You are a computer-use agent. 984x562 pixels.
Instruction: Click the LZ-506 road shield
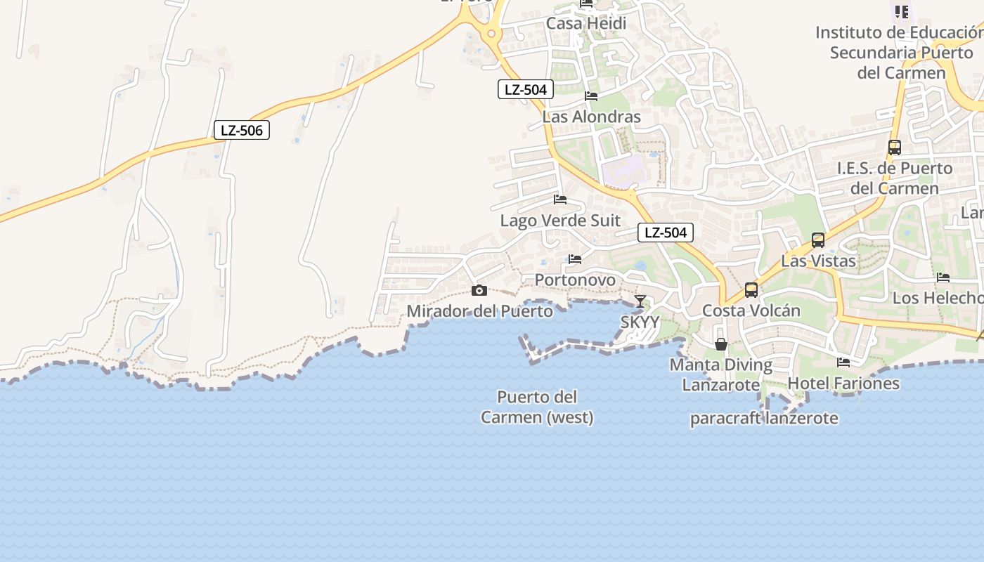click(x=242, y=130)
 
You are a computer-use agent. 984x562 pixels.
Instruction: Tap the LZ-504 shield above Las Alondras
click(x=526, y=89)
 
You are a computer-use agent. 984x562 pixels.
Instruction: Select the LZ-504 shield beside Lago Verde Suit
click(x=666, y=233)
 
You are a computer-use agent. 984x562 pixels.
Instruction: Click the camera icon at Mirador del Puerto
click(x=479, y=290)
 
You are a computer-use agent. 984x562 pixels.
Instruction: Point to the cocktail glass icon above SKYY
click(x=640, y=301)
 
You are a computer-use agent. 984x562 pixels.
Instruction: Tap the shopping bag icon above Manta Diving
click(x=721, y=344)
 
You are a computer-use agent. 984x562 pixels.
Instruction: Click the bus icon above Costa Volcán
click(x=751, y=289)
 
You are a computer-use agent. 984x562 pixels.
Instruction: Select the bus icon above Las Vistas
click(x=818, y=240)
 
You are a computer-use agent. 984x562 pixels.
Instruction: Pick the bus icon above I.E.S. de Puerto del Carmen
click(x=895, y=148)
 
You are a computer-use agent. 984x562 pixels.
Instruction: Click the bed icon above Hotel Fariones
click(x=843, y=362)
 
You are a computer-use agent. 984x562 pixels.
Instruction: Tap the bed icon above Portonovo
click(x=575, y=259)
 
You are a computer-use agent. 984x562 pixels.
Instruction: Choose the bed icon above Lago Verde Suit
click(x=560, y=200)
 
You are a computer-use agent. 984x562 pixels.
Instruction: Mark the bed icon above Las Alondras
click(x=591, y=96)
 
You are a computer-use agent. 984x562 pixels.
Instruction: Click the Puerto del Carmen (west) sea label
click(x=537, y=407)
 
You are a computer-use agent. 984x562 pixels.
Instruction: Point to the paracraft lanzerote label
click(x=764, y=419)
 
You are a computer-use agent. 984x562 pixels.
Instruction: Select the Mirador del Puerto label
click(x=480, y=311)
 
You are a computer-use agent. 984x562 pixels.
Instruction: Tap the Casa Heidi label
click(x=586, y=23)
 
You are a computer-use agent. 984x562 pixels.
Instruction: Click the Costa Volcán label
click(x=751, y=311)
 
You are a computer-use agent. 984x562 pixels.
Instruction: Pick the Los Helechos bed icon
click(x=943, y=277)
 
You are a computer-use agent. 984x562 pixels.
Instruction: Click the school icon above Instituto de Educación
click(x=902, y=11)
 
